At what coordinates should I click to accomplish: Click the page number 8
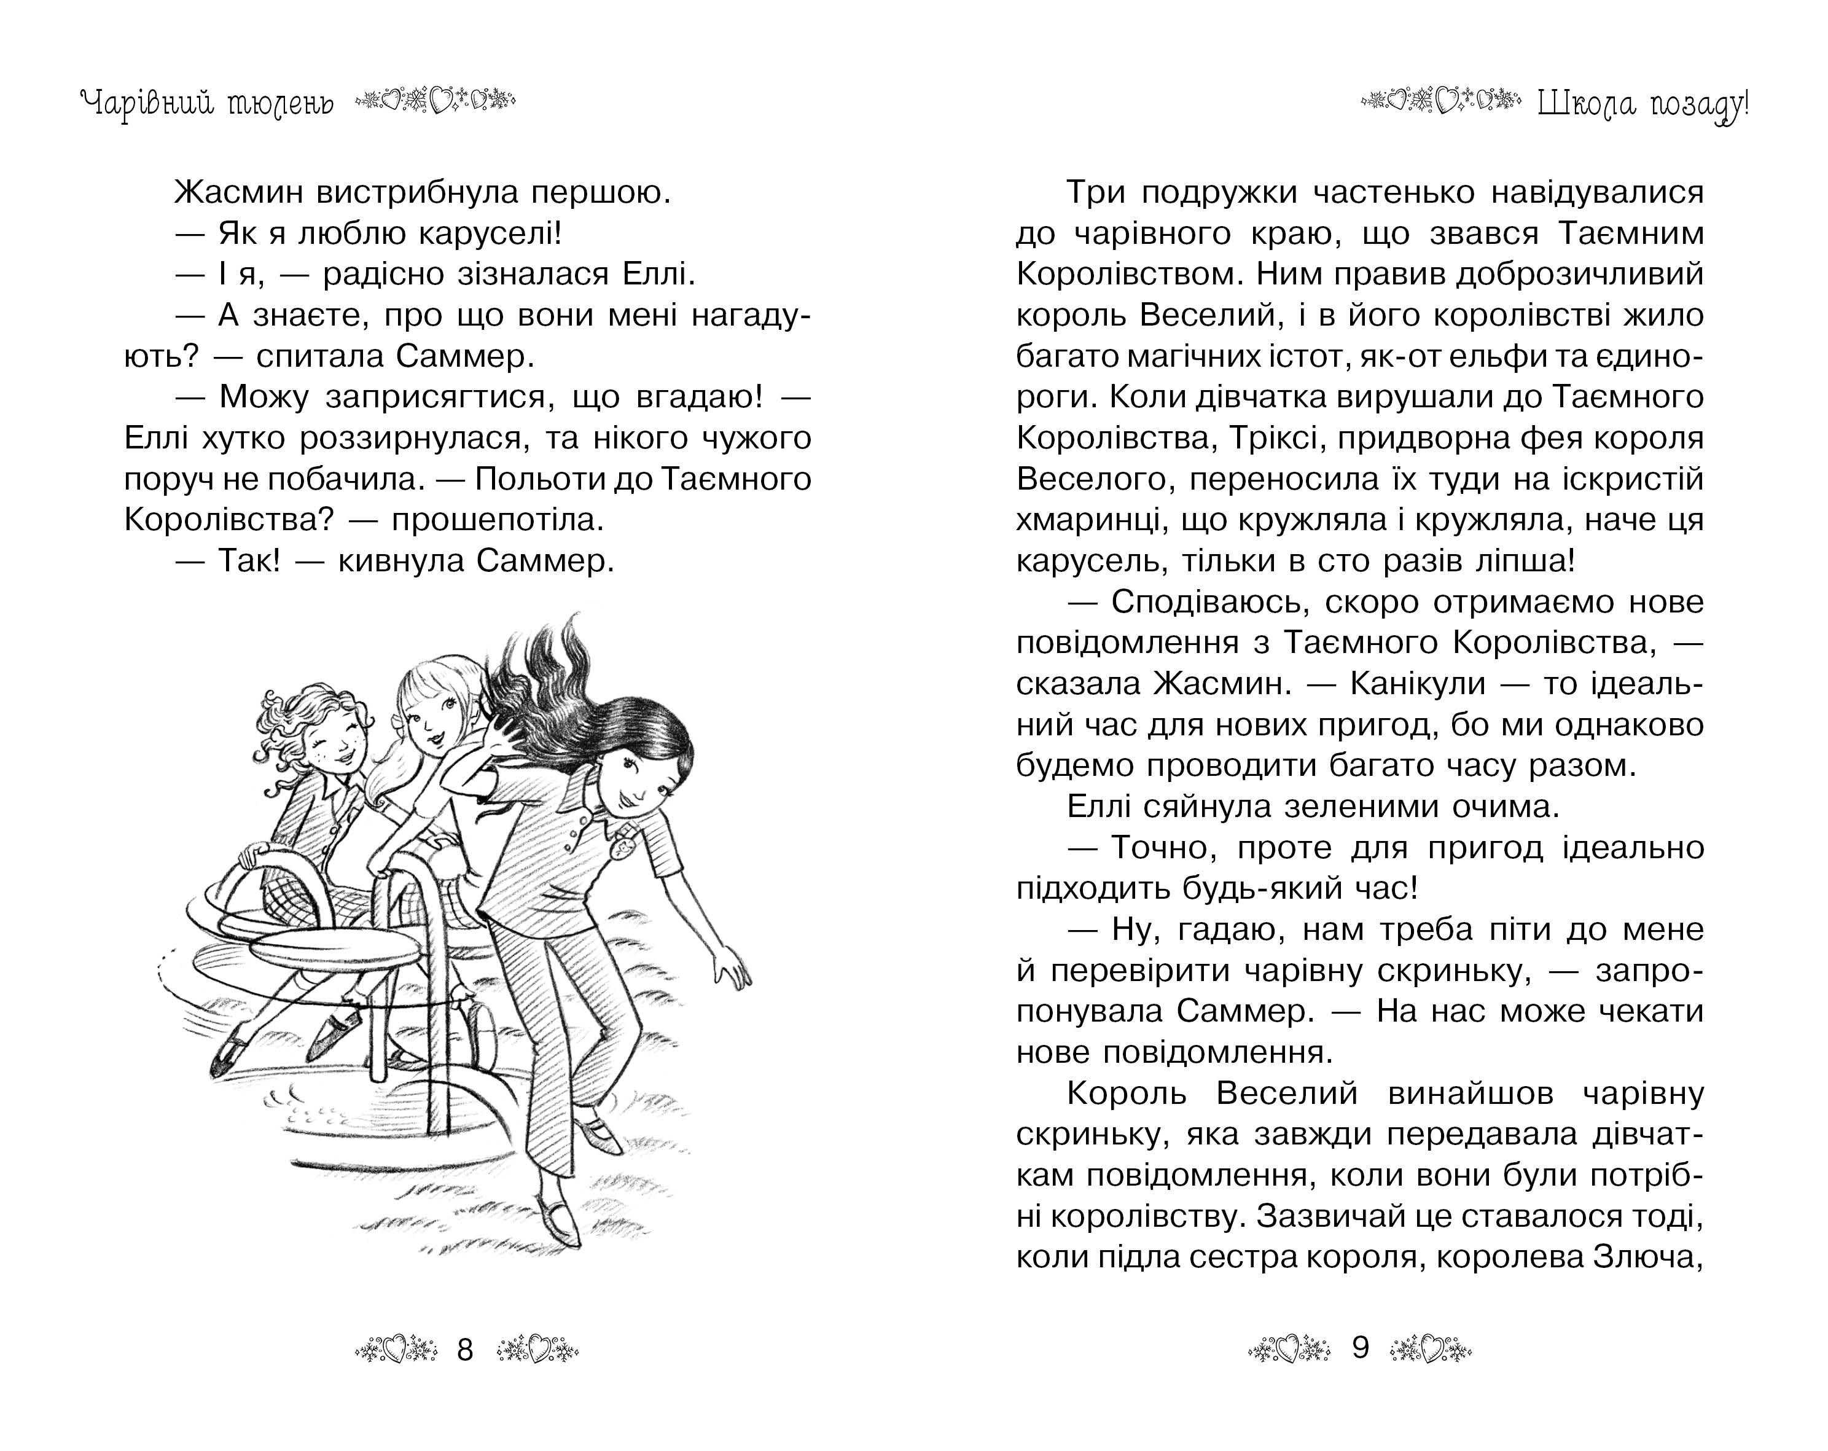[464, 1348]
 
